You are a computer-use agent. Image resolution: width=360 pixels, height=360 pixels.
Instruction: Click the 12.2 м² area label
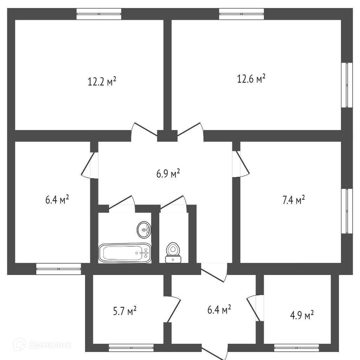[x=102, y=82]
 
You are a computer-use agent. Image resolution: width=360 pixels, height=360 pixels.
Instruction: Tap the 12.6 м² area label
[x=251, y=79]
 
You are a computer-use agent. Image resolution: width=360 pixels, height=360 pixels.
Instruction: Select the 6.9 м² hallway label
[x=168, y=173]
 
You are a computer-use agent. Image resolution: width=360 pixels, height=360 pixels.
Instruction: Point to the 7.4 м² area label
[x=293, y=200]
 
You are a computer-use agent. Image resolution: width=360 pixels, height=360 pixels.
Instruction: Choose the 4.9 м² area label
[x=302, y=315]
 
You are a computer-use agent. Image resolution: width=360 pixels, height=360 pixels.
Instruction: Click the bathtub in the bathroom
[x=125, y=252]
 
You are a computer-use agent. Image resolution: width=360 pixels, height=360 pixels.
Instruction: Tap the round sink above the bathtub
[x=144, y=230]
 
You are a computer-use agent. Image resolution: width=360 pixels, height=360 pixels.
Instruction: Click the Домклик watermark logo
[x=42, y=345]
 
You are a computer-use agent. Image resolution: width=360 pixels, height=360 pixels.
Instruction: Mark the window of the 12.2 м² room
[x=99, y=14]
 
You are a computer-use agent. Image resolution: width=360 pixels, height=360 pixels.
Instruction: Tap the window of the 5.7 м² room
[x=131, y=348]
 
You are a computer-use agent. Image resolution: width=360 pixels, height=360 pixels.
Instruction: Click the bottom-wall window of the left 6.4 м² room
[x=58, y=269]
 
